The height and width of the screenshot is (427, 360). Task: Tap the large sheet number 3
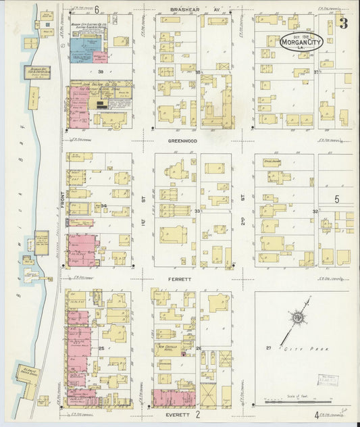tap(343, 24)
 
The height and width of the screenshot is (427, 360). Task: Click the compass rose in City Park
tap(296, 318)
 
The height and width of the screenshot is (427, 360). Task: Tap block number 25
tap(101, 348)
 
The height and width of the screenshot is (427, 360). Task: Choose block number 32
tap(315, 211)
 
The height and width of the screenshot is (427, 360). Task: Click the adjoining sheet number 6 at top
tap(97, 9)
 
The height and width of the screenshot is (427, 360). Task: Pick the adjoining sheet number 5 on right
tap(336, 199)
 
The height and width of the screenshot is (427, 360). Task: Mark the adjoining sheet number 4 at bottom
tap(316, 414)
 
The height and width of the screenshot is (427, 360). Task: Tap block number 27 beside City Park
tap(268, 347)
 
